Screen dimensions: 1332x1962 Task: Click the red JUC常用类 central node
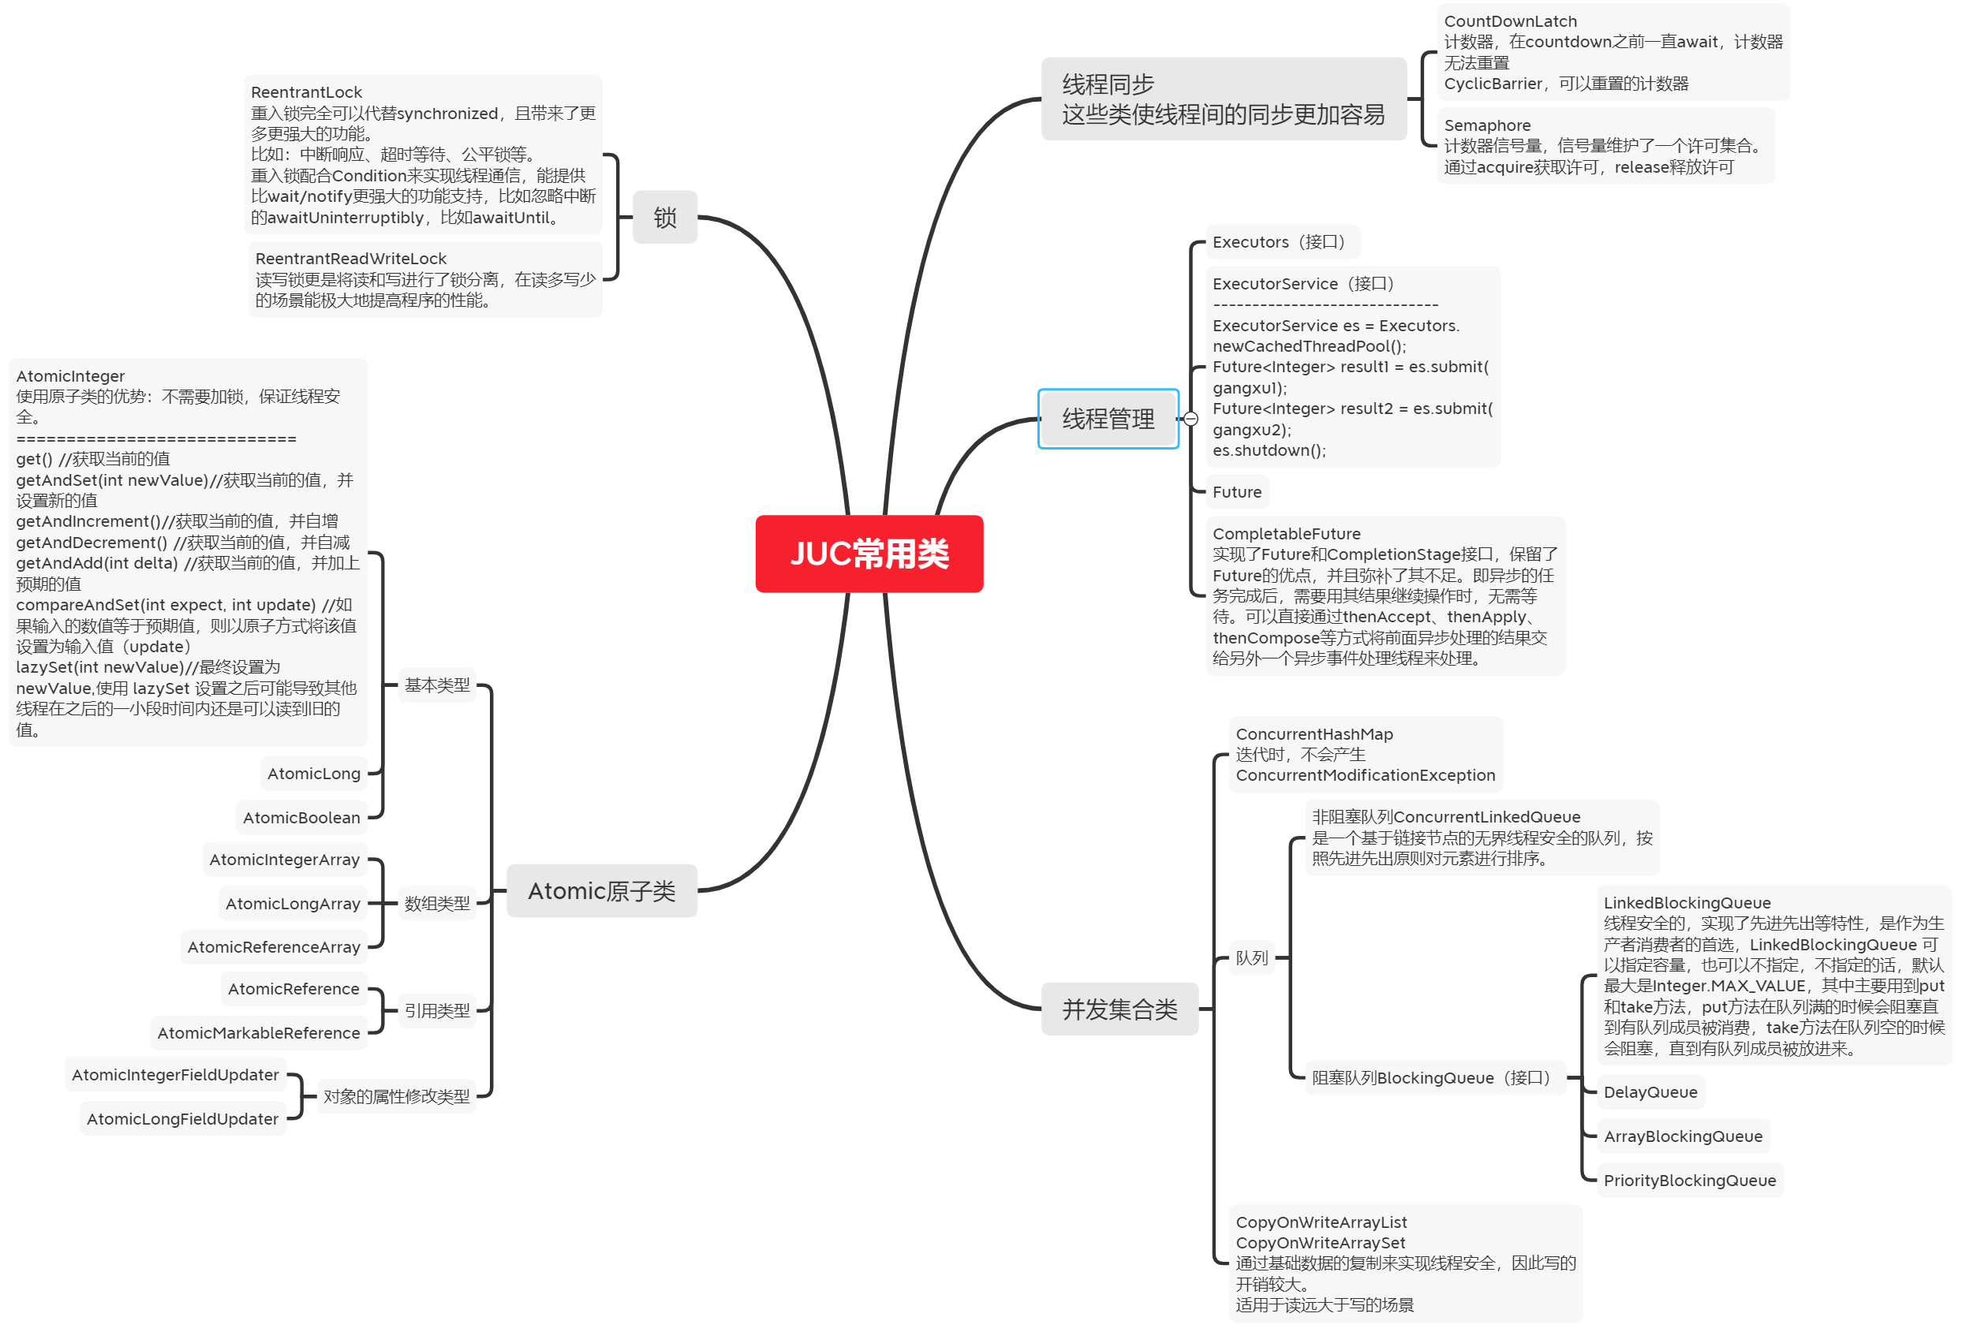[869, 554]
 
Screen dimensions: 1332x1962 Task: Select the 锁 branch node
[664, 218]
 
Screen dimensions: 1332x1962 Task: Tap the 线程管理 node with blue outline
[1108, 419]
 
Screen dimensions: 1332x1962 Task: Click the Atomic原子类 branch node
[601, 890]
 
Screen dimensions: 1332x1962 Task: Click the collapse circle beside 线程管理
[1190, 419]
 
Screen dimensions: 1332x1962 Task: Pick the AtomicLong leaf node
[313, 773]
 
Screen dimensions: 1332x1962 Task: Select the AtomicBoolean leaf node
[301, 817]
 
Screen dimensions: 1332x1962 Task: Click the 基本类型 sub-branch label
[436, 685]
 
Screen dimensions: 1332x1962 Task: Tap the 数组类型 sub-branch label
[436, 903]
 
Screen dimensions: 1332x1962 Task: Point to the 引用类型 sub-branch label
[436, 1010]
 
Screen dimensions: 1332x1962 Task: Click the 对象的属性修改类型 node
[396, 1095]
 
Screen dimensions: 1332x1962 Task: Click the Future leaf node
[1237, 492]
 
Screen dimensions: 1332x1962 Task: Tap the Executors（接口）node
[1281, 242]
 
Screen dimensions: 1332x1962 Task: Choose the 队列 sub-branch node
[1252, 957]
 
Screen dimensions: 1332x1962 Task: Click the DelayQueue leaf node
[1650, 1091]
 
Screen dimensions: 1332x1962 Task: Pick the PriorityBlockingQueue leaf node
[1689, 1180]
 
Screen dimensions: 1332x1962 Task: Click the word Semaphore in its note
[1487, 125]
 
